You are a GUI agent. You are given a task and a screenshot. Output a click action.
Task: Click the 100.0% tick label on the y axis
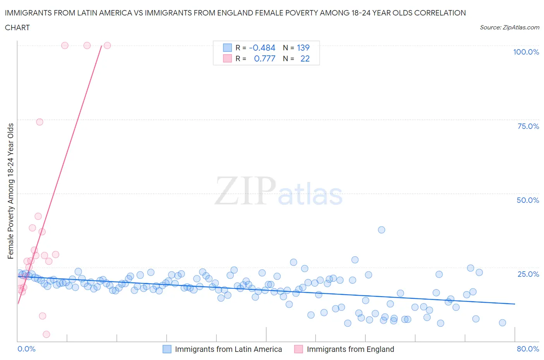pos(526,52)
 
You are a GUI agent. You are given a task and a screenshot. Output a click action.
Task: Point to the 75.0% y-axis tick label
pos(528,126)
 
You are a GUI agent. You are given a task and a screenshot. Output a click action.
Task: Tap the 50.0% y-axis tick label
pos(528,200)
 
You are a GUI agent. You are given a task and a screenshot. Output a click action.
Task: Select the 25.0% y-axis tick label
pos(528,274)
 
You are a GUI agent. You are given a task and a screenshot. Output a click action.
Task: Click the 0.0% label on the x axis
pos(26,349)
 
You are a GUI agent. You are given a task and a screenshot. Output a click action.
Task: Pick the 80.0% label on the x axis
pos(528,349)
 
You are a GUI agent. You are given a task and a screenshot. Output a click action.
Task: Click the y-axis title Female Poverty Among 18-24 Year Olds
pos(11,191)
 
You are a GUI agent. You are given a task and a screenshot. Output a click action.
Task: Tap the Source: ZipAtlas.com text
pos(509,27)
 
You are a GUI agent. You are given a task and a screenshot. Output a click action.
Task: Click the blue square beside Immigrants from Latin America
pos(167,349)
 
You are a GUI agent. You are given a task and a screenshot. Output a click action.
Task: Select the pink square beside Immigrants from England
pos(298,349)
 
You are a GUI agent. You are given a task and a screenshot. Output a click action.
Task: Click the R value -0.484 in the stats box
pos(262,48)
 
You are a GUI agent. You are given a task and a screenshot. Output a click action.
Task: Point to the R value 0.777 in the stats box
pos(265,58)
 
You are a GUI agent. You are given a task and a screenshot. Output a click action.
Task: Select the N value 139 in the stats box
pos(303,48)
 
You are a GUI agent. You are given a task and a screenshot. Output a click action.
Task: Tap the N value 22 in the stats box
pos(305,58)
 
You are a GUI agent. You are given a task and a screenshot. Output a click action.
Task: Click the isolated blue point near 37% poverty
pos(381,230)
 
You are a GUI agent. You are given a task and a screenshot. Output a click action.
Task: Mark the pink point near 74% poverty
pos(39,122)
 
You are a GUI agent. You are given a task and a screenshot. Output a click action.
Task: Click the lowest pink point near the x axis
pos(46,334)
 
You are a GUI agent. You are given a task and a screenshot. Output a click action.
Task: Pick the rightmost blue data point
pos(502,322)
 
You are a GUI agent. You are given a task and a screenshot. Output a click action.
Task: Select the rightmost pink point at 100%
pos(107,46)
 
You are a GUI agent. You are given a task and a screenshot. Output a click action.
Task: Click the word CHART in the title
pos(17,27)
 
